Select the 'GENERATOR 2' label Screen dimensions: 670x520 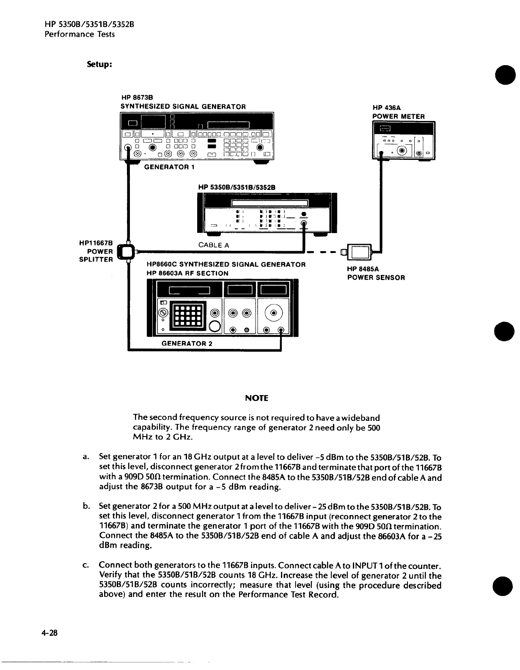coord(187,343)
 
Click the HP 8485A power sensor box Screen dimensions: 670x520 coord(359,253)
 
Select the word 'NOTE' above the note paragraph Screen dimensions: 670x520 coord(257,398)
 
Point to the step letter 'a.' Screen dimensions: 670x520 coord(85,457)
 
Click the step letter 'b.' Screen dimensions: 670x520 coord(85,506)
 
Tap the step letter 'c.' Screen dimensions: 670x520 coord(85,565)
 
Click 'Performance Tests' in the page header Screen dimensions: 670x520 coord(80,34)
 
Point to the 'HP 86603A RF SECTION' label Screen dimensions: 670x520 coord(187,273)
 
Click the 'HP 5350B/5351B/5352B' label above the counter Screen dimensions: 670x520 coord(237,187)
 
